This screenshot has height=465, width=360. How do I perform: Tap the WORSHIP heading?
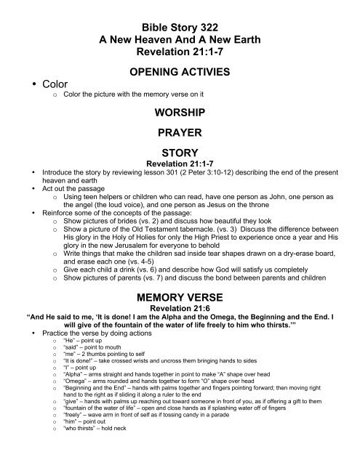(180, 113)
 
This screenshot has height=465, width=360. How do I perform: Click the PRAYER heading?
(180, 134)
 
